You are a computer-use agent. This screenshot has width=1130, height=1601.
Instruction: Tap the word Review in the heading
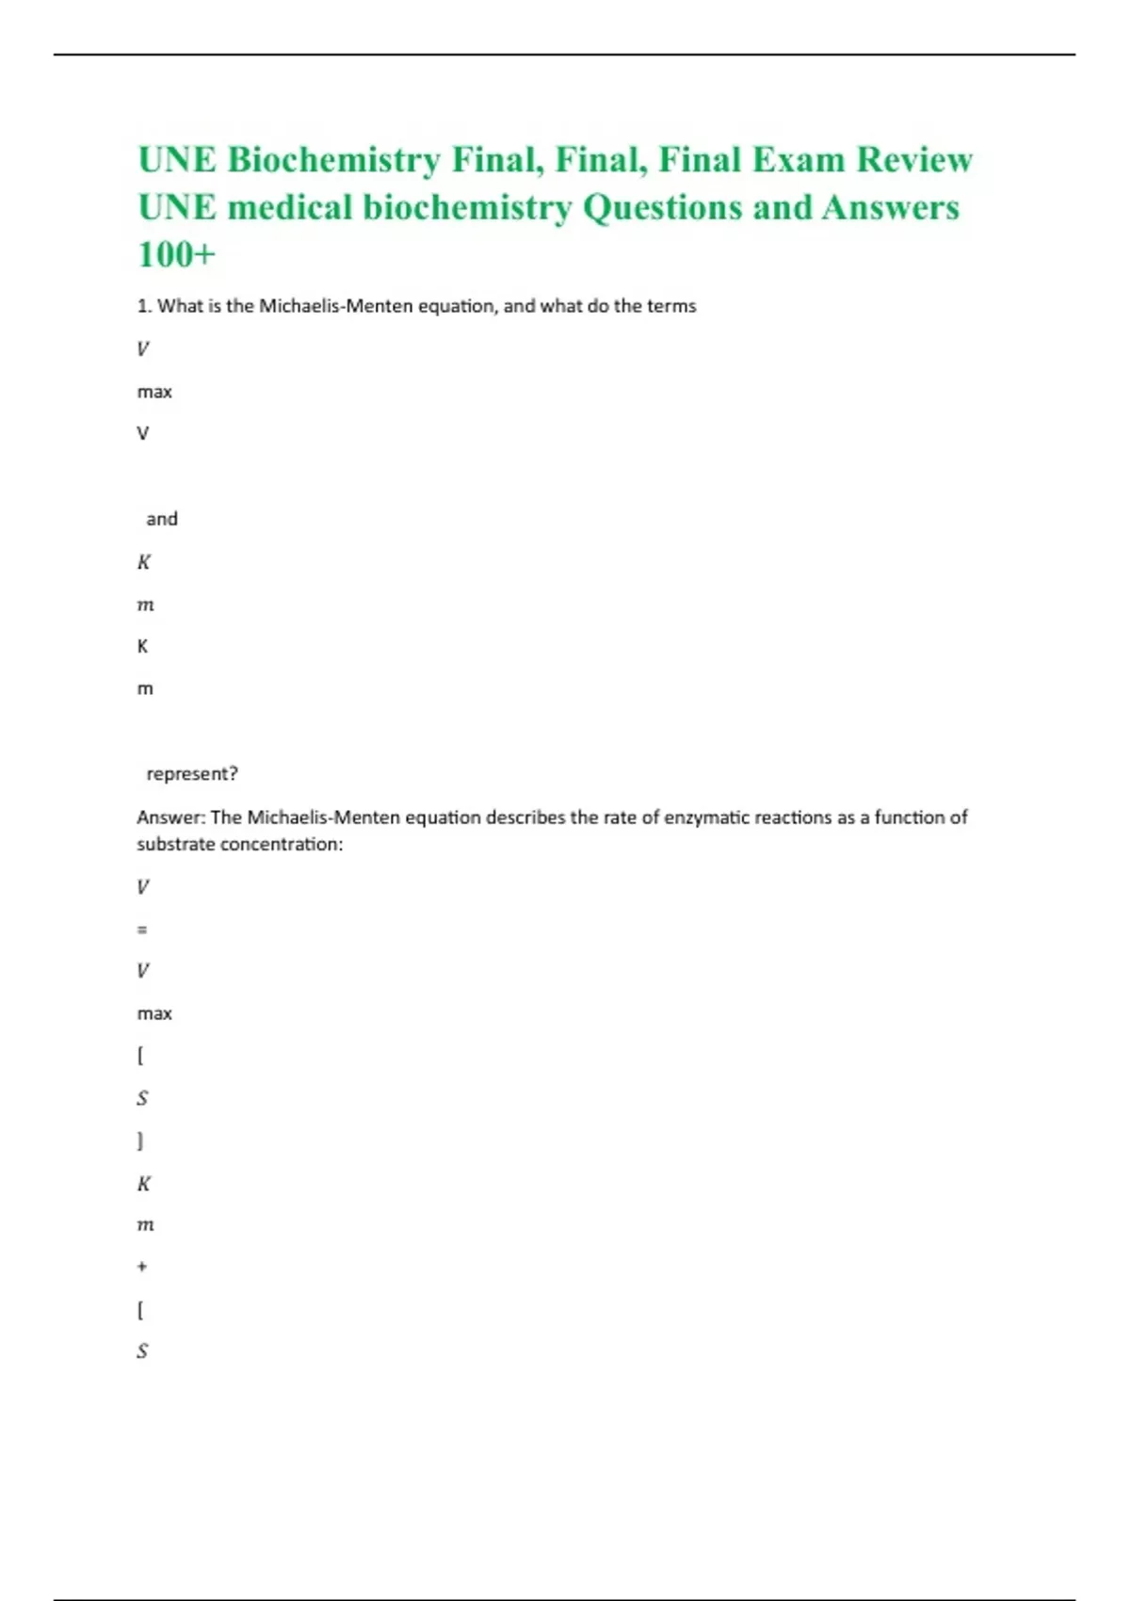point(913,160)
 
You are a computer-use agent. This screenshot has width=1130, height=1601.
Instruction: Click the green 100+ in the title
point(177,254)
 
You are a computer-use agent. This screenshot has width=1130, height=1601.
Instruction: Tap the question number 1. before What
point(144,306)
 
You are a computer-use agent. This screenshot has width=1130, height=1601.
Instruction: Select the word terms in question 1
point(671,306)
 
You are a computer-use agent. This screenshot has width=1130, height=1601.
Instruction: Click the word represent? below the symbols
point(192,774)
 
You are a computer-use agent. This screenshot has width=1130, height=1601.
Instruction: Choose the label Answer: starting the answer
point(170,817)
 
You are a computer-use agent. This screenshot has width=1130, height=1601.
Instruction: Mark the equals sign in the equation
point(142,930)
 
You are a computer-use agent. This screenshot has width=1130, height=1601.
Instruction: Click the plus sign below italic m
point(142,1267)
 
